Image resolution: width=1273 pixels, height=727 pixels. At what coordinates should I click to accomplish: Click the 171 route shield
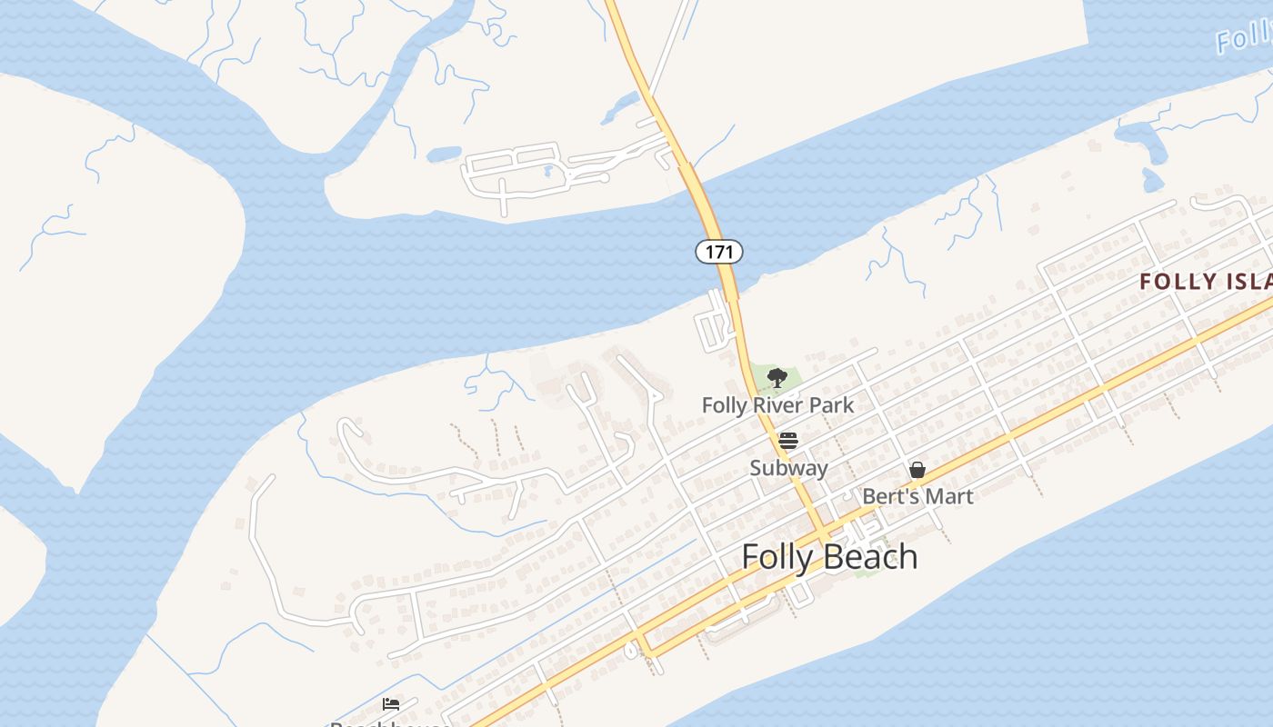point(719,252)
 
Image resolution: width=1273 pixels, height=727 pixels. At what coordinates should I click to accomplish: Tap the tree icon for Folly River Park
point(777,377)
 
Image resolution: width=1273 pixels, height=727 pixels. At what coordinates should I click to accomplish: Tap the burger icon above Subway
point(787,442)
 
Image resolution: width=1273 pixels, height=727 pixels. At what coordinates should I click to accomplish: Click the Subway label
point(788,468)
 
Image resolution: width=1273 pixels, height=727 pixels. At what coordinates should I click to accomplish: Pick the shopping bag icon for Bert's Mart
point(917,470)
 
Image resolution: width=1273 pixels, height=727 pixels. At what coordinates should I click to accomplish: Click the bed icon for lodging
point(391,703)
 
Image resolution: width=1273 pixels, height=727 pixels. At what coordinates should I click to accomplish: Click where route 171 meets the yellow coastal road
point(823,533)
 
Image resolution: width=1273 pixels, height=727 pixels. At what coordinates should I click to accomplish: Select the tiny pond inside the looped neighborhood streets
point(548,169)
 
